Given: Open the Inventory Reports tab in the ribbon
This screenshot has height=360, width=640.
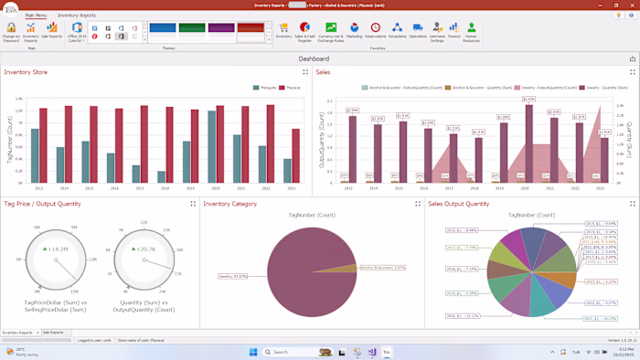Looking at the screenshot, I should pyautogui.click(x=76, y=16).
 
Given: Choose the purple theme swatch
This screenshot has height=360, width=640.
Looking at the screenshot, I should pyautogui.click(x=220, y=28).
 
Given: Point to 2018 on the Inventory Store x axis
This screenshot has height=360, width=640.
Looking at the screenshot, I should pyautogui.click(x=165, y=188).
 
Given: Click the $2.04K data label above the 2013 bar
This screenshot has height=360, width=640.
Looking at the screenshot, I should pyautogui.click(x=352, y=111).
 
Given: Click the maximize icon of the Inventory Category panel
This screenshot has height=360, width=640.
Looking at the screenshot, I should pyautogui.click(x=417, y=204).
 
